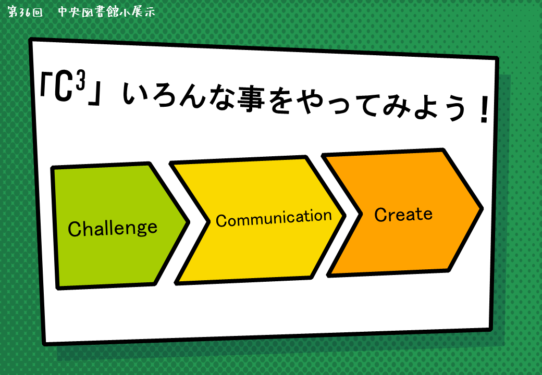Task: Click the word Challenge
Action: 113,229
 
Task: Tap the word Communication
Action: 274,218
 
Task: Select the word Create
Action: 403,215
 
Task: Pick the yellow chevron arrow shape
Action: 257,220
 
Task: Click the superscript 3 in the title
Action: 81,80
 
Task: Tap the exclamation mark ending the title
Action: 484,110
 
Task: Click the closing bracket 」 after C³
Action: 94,94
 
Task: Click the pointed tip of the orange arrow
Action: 482,208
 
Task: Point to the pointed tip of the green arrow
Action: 188,222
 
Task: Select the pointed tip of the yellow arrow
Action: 344,216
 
